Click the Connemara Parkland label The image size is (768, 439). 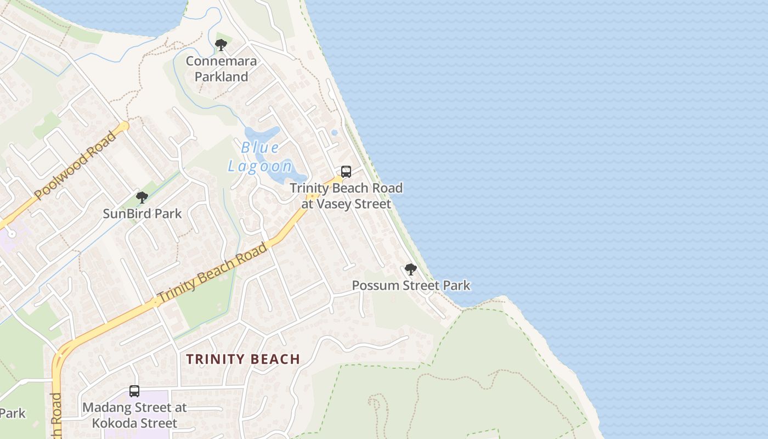221,69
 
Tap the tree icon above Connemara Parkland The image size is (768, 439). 221,45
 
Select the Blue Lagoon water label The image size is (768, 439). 260,157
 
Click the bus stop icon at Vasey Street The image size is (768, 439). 346,171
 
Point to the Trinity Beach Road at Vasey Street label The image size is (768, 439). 346,196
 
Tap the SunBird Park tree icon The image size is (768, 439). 142,198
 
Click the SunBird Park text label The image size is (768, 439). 142,213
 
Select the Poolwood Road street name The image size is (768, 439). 75,165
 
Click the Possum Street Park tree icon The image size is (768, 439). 410,269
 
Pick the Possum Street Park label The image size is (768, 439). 411,285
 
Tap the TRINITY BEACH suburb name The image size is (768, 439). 243,359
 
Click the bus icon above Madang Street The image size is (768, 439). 134,391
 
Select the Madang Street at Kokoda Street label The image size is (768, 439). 134,415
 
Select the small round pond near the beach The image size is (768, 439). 334,132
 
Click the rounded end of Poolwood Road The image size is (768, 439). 125,126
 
